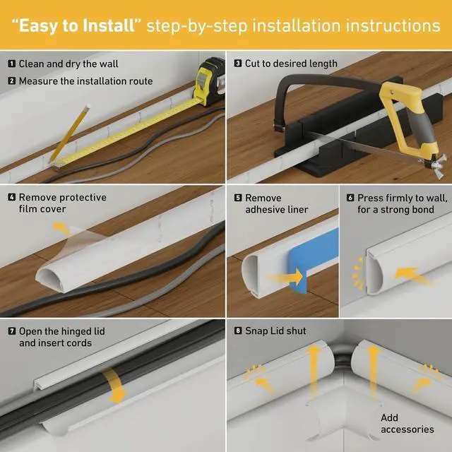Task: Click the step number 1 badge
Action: click(x=11, y=64)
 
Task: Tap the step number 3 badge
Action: click(x=238, y=64)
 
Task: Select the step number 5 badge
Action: click(x=238, y=198)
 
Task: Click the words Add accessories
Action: click(x=407, y=424)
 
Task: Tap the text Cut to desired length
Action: click(x=286, y=64)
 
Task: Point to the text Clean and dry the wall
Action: click(x=69, y=64)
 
